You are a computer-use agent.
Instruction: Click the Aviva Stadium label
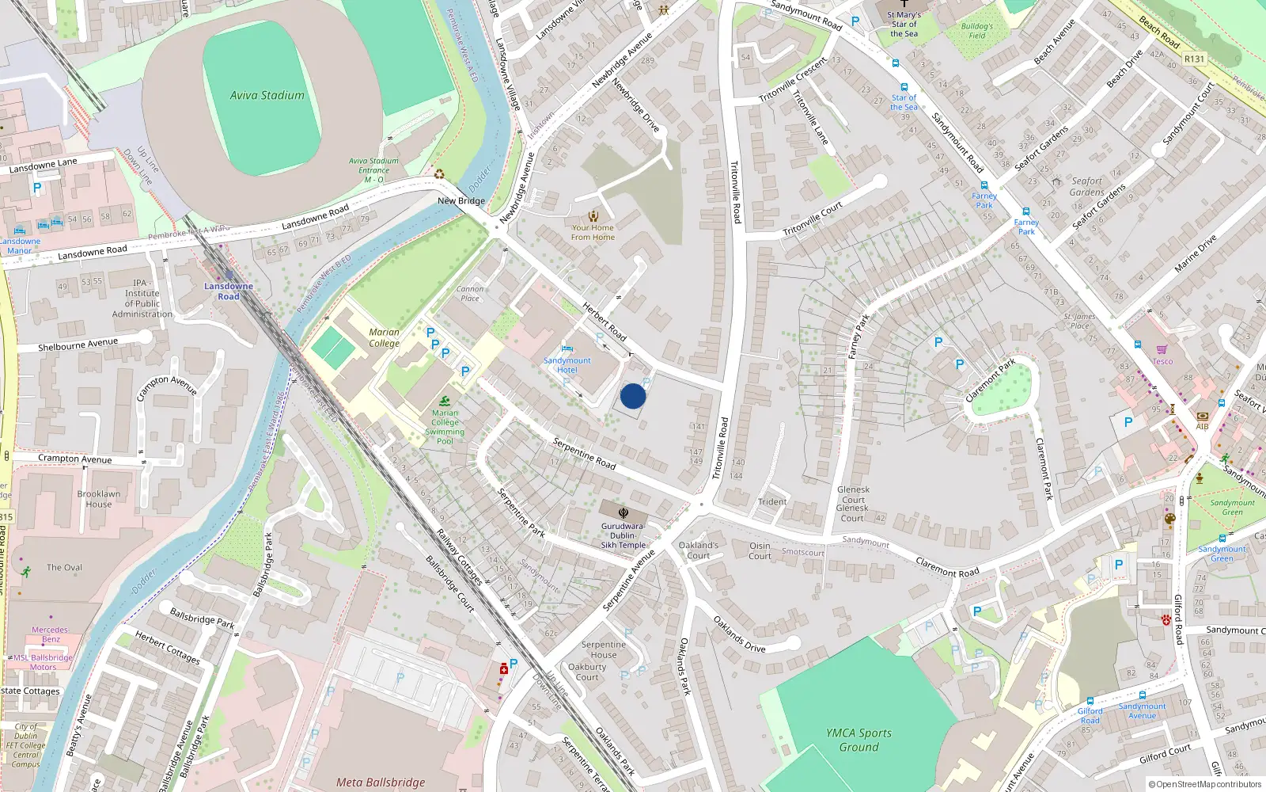267,95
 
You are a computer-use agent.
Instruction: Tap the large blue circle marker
633,396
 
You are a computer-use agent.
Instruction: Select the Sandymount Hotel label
567,365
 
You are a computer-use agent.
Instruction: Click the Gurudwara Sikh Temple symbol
624,513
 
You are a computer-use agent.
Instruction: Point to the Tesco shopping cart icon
1162,349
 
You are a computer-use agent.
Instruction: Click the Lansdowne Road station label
229,291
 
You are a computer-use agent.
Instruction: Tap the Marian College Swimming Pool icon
445,401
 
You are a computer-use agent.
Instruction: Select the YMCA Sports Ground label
859,740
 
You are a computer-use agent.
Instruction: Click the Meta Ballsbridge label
381,782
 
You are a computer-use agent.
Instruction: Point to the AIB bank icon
1203,416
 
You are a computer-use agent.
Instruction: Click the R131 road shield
1194,59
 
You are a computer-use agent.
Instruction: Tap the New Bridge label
461,200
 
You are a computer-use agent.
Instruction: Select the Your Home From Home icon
593,215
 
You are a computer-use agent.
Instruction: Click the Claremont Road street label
947,567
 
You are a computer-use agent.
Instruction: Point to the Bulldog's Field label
977,31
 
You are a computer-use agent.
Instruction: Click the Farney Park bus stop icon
1026,212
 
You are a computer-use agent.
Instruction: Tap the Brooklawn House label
99,499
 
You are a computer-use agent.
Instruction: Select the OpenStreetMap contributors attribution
1204,784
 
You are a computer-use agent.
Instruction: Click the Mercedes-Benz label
51,634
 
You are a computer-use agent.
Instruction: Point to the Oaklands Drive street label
739,634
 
